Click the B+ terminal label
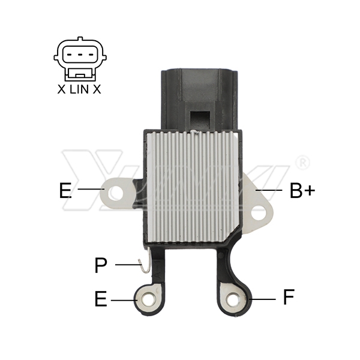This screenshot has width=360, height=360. (302, 190)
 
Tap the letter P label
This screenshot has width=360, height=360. (101, 265)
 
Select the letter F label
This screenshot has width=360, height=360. (289, 297)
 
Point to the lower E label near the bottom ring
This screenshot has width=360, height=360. (101, 299)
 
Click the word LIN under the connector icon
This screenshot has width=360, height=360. (79, 89)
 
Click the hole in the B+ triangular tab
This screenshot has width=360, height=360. (258, 213)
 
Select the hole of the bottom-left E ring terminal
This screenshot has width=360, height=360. (149, 299)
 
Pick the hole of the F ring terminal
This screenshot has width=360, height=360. (233, 299)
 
